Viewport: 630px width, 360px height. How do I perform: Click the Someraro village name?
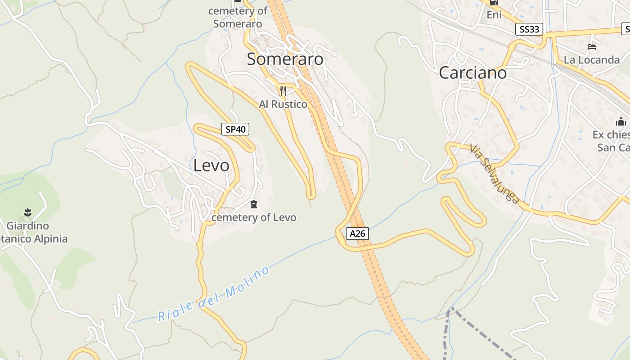[x=285, y=59]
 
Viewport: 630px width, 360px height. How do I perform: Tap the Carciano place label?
[x=472, y=73]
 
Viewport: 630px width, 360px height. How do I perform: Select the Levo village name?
[x=211, y=166]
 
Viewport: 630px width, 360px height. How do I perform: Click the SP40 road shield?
[x=235, y=130]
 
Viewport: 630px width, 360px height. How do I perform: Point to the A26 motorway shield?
[x=358, y=234]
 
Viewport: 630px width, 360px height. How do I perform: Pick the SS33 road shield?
[x=529, y=30]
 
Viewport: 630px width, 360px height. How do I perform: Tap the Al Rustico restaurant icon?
[x=283, y=91]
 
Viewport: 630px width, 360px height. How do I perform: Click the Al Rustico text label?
[x=283, y=104]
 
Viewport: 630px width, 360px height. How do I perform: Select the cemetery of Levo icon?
[x=254, y=205]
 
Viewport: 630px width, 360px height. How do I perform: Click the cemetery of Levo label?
[x=254, y=218]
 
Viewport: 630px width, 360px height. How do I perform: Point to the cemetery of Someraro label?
[x=238, y=17]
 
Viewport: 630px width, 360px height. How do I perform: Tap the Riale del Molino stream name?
[x=214, y=294]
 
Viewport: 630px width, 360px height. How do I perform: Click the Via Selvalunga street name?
[x=495, y=174]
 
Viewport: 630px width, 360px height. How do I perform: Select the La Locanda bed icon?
[x=592, y=47]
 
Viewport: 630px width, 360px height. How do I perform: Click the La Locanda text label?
[x=592, y=60]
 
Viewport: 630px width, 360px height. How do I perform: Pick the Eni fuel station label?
[x=494, y=15]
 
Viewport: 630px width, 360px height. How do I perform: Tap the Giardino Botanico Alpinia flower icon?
[x=28, y=211]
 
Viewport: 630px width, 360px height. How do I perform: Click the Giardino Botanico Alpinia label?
[x=31, y=232]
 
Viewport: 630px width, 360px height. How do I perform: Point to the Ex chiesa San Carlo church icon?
[x=621, y=121]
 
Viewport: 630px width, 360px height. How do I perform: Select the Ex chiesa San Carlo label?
[x=612, y=141]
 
